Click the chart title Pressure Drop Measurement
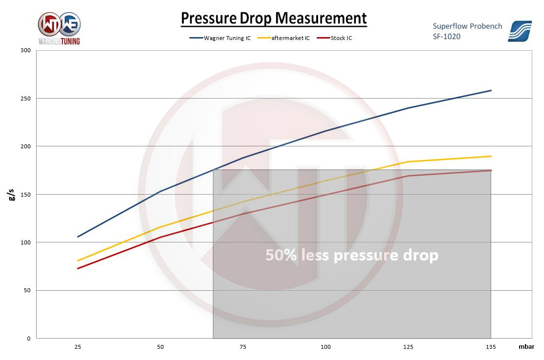[x=274, y=18]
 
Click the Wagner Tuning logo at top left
[x=59, y=28]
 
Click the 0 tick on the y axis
[x=28, y=339]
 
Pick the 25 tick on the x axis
[x=78, y=347]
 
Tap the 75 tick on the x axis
[x=243, y=347]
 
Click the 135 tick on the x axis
[x=491, y=347]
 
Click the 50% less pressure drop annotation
[x=351, y=255]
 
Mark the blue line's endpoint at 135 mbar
[x=491, y=90]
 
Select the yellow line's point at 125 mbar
[x=408, y=161]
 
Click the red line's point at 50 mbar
[x=161, y=237]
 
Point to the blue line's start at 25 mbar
[x=78, y=237]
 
